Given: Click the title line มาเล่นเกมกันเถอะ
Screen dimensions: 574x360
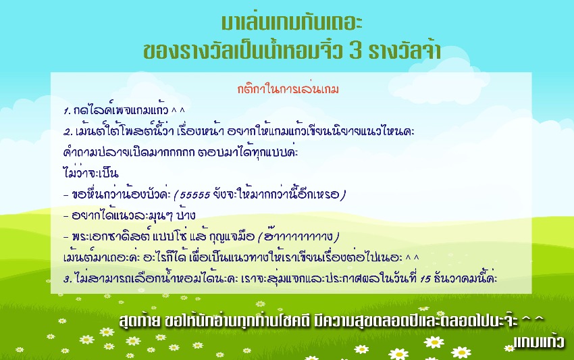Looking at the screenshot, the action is pos(292,22).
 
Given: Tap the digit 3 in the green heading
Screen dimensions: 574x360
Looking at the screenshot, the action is pos(356,51).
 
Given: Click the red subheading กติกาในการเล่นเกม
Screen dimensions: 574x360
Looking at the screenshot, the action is pos(288,88).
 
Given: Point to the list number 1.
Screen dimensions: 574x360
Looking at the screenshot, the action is pos(67,111).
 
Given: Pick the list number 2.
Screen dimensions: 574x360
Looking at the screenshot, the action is pos(68,132).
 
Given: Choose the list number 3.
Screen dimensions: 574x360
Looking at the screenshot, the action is pos(68,279).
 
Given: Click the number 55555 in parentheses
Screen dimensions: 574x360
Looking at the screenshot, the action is pos(194,195).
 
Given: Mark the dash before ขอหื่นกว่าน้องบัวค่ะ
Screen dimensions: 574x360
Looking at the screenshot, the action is pos(66,195).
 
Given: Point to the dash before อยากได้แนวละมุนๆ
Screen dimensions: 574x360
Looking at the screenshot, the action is pos(66,216).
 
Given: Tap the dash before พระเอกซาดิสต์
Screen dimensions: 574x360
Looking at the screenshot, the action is pos(66,237).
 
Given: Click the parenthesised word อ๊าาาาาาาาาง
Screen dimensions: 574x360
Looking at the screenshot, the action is pos(298,236).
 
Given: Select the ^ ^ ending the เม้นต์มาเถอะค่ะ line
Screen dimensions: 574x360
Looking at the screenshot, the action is pos(412,257).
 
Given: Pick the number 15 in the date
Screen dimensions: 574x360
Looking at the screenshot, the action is pos(425,279).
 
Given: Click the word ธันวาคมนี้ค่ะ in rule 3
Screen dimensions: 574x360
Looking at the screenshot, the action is pos(465,278).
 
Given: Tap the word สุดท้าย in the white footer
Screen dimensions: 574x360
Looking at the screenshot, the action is pos(140,321).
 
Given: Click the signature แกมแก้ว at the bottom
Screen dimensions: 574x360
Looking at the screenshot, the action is pos(538,342).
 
